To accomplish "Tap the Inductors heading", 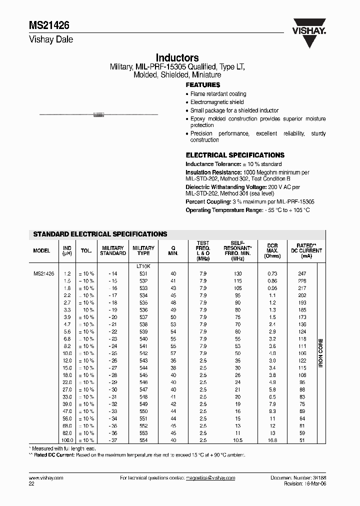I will coord(177,58).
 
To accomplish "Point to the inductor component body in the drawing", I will coord(98,115).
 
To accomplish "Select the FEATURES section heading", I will coord(203,85).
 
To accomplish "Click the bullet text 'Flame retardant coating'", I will coord(218,94).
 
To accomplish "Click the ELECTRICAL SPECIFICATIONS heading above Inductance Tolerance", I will coord(235,155).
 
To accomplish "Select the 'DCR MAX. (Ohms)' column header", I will coord(272,251).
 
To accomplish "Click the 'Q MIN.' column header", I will coord(173,251).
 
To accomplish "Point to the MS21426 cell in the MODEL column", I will coord(43,274).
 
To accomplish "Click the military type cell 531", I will coord(143,274).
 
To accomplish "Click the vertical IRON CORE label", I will coord(320,353).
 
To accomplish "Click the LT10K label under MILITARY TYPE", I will coord(143,266).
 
